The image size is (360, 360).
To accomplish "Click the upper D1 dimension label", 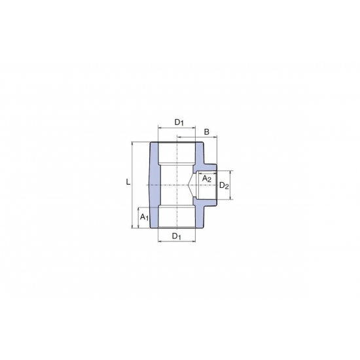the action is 179,122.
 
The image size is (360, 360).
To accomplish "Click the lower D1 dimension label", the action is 177,236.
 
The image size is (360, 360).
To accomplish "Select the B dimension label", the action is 207,132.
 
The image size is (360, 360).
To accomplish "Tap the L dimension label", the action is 128,183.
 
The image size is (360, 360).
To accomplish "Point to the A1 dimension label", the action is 145,217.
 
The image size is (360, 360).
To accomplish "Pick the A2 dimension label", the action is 206,179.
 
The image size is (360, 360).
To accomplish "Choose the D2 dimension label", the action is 224,185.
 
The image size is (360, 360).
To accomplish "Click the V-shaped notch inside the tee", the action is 191,185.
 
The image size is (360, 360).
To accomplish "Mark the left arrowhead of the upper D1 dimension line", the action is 160,126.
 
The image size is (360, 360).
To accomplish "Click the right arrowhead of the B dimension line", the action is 215,137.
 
